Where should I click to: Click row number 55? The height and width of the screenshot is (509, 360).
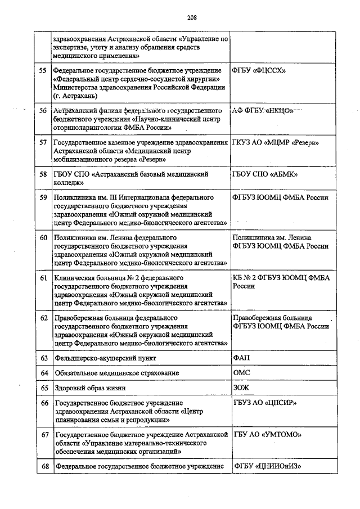(x=43, y=70)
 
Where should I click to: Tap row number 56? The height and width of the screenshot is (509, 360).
(x=43, y=111)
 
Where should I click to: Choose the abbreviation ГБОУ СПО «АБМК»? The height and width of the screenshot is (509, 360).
(x=265, y=174)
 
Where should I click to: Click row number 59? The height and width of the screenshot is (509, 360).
(x=43, y=198)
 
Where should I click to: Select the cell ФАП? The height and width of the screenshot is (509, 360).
(x=241, y=358)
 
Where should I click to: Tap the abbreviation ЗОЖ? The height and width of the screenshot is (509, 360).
(x=241, y=388)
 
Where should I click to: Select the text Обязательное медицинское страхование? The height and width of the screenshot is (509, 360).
(x=116, y=373)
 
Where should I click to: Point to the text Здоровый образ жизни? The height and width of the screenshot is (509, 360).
(x=90, y=388)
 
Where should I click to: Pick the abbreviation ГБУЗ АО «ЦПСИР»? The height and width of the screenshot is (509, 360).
(x=265, y=403)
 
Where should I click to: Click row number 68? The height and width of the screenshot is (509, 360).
(x=43, y=466)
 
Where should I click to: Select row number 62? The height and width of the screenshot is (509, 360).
(x=43, y=318)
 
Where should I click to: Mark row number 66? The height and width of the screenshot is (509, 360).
(x=43, y=403)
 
